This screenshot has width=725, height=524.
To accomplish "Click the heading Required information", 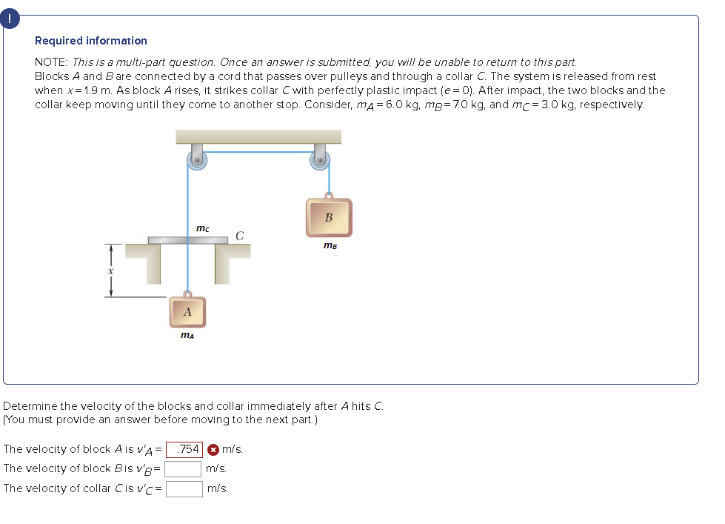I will pyautogui.click(x=91, y=41).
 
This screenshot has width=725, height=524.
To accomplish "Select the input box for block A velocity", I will pyautogui.click(x=184, y=449).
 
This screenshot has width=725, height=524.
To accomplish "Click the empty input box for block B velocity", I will pyautogui.click(x=184, y=469).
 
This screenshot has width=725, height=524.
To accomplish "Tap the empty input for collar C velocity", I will pyautogui.click(x=184, y=488).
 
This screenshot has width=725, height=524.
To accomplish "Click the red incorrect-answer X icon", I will pyautogui.click(x=213, y=449).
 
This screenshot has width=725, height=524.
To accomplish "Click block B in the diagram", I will pyautogui.click(x=329, y=217).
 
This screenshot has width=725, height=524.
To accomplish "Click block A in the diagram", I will pyautogui.click(x=187, y=312).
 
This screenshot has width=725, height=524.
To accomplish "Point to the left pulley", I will pyautogui.click(x=198, y=161).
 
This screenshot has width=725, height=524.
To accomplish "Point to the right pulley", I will pyautogui.click(x=320, y=161).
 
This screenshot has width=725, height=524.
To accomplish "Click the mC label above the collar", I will pyautogui.click(x=202, y=228).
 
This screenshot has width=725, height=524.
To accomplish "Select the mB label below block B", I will pyautogui.click(x=330, y=245).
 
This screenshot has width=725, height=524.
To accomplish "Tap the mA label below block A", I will pyautogui.click(x=188, y=336).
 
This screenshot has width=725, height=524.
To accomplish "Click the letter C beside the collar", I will pyautogui.click(x=240, y=236).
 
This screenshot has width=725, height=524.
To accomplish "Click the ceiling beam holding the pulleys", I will pyautogui.click(x=258, y=136).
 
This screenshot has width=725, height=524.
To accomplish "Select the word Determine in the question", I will pyautogui.click(x=30, y=406).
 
